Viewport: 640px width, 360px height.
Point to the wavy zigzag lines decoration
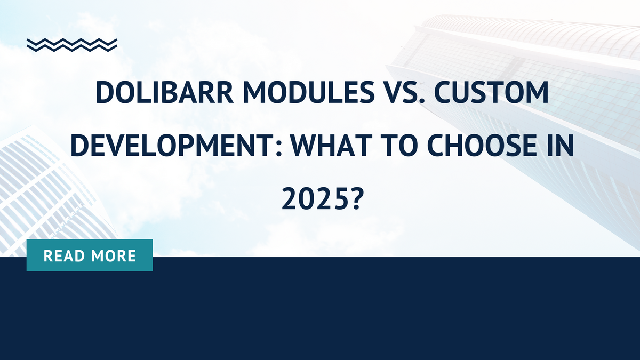(x=72, y=45)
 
